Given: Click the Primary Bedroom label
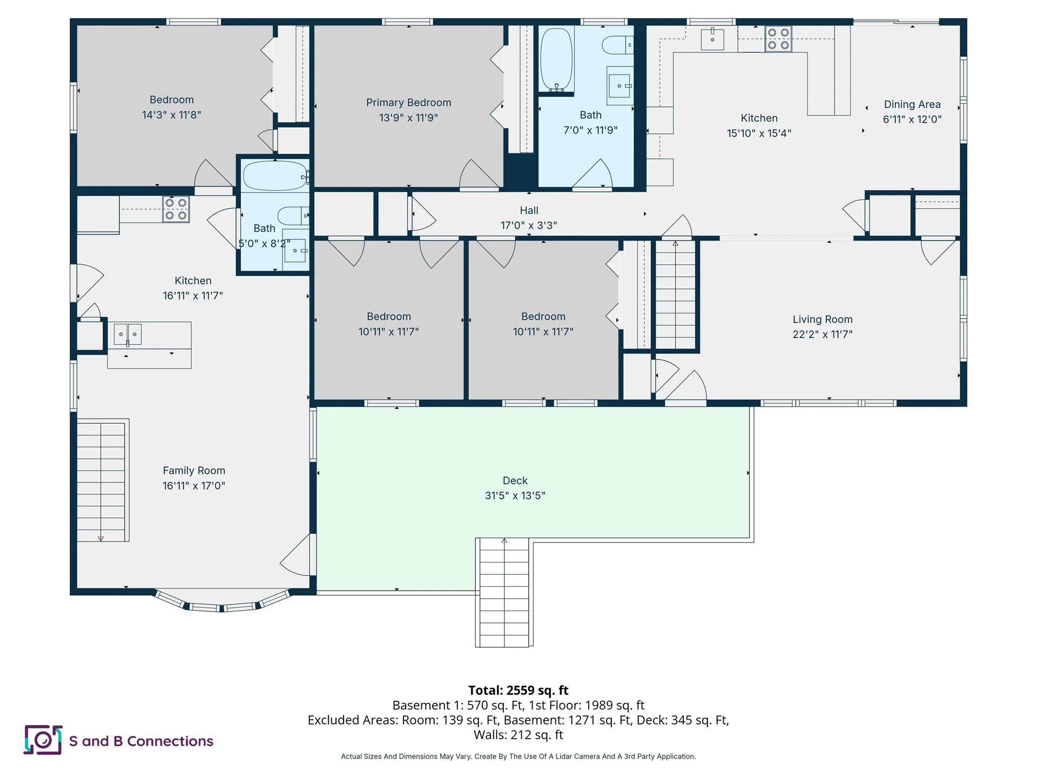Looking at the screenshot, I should point(408,103).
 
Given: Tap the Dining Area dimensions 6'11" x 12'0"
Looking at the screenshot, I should point(912,119).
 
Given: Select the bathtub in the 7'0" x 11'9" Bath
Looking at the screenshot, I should point(556,59).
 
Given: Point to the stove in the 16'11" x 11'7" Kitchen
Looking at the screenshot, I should point(176,209).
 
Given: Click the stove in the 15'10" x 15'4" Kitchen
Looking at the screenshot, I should point(778,39).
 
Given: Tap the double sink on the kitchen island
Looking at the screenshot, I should point(127,334).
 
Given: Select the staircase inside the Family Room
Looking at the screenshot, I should point(101,481).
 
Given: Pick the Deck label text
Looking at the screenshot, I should point(515,480).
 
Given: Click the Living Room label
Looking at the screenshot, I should point(822,319).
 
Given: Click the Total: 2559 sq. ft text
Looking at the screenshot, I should point(518,690).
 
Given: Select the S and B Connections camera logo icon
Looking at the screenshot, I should point(43,740).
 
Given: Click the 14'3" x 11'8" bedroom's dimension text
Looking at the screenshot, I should point(171,115).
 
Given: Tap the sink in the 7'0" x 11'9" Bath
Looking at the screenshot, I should point(619,86).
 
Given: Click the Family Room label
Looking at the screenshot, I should point(194,471).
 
